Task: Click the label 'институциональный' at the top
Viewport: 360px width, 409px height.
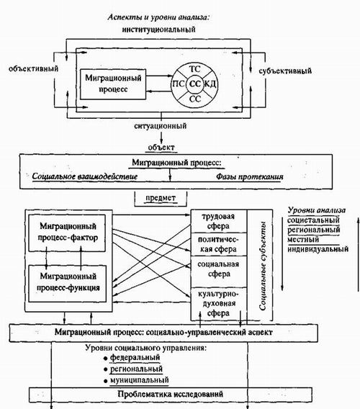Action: pos(158,29)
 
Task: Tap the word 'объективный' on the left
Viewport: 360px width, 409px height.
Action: pos(33,69)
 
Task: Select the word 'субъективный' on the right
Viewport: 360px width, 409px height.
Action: pos(285,71)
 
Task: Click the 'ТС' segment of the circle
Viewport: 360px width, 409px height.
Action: pos(194,69)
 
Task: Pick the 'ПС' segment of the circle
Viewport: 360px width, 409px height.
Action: pos(179,84)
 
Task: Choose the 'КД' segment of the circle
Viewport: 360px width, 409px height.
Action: pos(210,84)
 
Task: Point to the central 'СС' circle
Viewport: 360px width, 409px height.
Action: pos(195,84)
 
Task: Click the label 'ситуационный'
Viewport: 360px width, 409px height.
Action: pos(160,126)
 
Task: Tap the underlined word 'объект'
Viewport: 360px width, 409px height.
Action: pos(161,147)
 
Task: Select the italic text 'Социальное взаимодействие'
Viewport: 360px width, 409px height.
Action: pos(85,176)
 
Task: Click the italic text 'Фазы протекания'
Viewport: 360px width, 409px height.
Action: pos(249,176)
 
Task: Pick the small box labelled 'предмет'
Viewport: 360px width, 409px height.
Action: pos(161,199)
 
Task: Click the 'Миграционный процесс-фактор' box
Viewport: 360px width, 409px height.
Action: pos(67,233)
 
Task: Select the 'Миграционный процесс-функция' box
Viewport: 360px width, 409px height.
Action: pos(68,284)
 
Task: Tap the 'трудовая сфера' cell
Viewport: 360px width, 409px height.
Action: pos(219,221)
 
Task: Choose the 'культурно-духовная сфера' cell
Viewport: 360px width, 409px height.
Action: pos(219,304)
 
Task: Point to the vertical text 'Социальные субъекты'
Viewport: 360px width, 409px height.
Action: pos(262,266)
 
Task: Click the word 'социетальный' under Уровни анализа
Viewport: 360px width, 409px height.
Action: pos(313,220)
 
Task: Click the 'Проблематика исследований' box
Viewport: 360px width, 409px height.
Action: pos(171,394)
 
